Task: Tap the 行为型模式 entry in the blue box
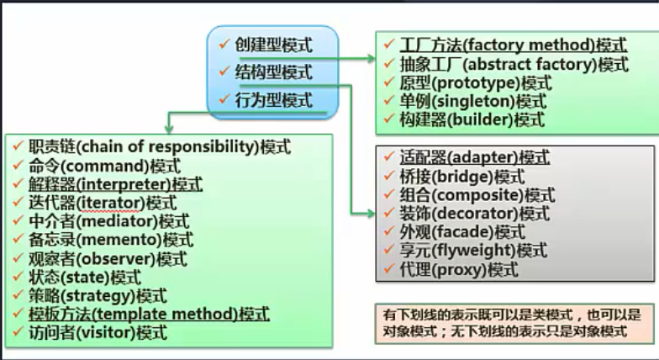point(273,100)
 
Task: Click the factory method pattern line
point(514,45)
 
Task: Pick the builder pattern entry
point(472,119)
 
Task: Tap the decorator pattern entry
point(475,214)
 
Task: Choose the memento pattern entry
point(109,240)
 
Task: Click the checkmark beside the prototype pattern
point(387,82)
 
